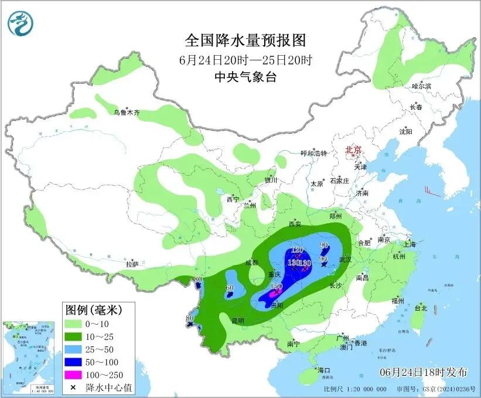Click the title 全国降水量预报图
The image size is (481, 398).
pyautogui.click(x=245, y=40)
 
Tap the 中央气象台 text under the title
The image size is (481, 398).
pyautogui.click(x=245, y=77)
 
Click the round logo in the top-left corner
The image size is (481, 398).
pyautogui.click(x=21, y=22)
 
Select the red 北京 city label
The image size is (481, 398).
pyautogui.click(x=354, y=149)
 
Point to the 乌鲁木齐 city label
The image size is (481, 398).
pyautogui.click(x=127, y=112)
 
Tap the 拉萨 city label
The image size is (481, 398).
pyautogui.click(x=132, y=264)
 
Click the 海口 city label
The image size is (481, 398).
pyautogui.click(x=324, y=370)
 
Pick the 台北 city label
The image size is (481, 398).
pyautogui.click(x=421, y=308)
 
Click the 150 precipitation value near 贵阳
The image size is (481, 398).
pyautogui.click(x=277, y=286)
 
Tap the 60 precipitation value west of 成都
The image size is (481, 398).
pyautogui.click(x=230, y=288)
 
